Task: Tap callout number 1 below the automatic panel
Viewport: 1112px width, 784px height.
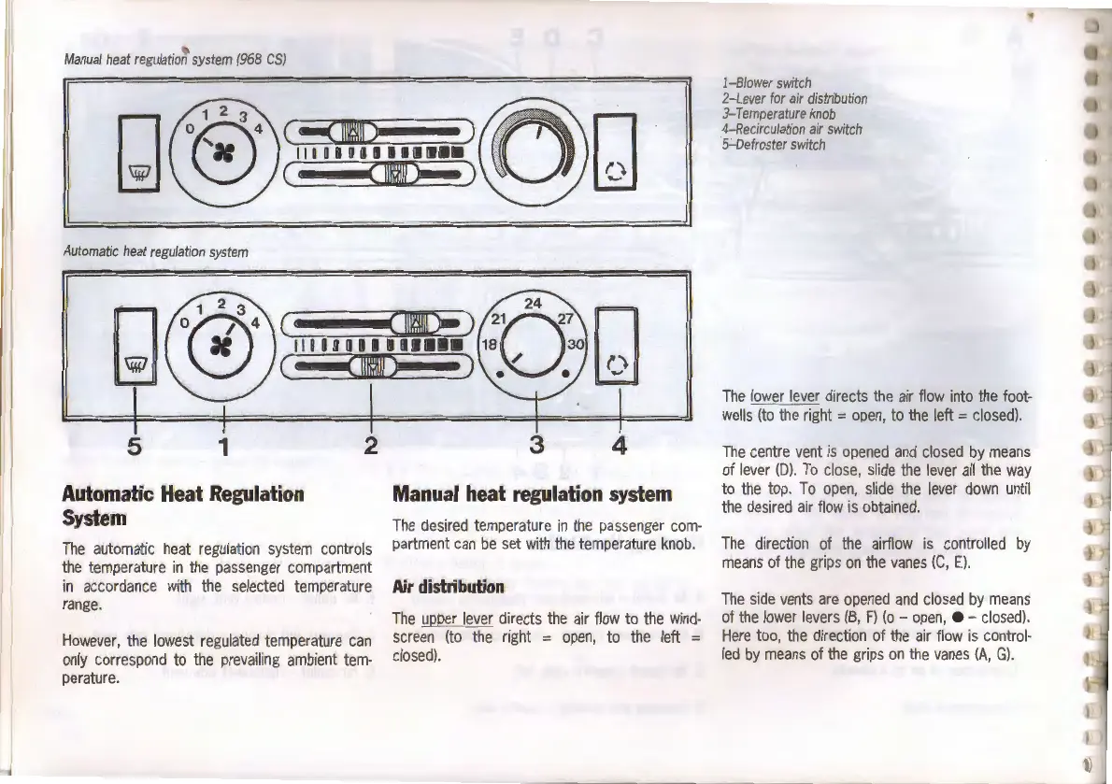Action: tap(222, 445)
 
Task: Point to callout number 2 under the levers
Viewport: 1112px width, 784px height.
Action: tap(371, 445)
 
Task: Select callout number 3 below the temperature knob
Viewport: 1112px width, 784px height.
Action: tap(535, 445)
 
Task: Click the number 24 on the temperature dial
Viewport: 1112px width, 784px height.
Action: tap(534, 304)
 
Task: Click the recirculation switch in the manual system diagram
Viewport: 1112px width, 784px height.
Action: tap(613, 149)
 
